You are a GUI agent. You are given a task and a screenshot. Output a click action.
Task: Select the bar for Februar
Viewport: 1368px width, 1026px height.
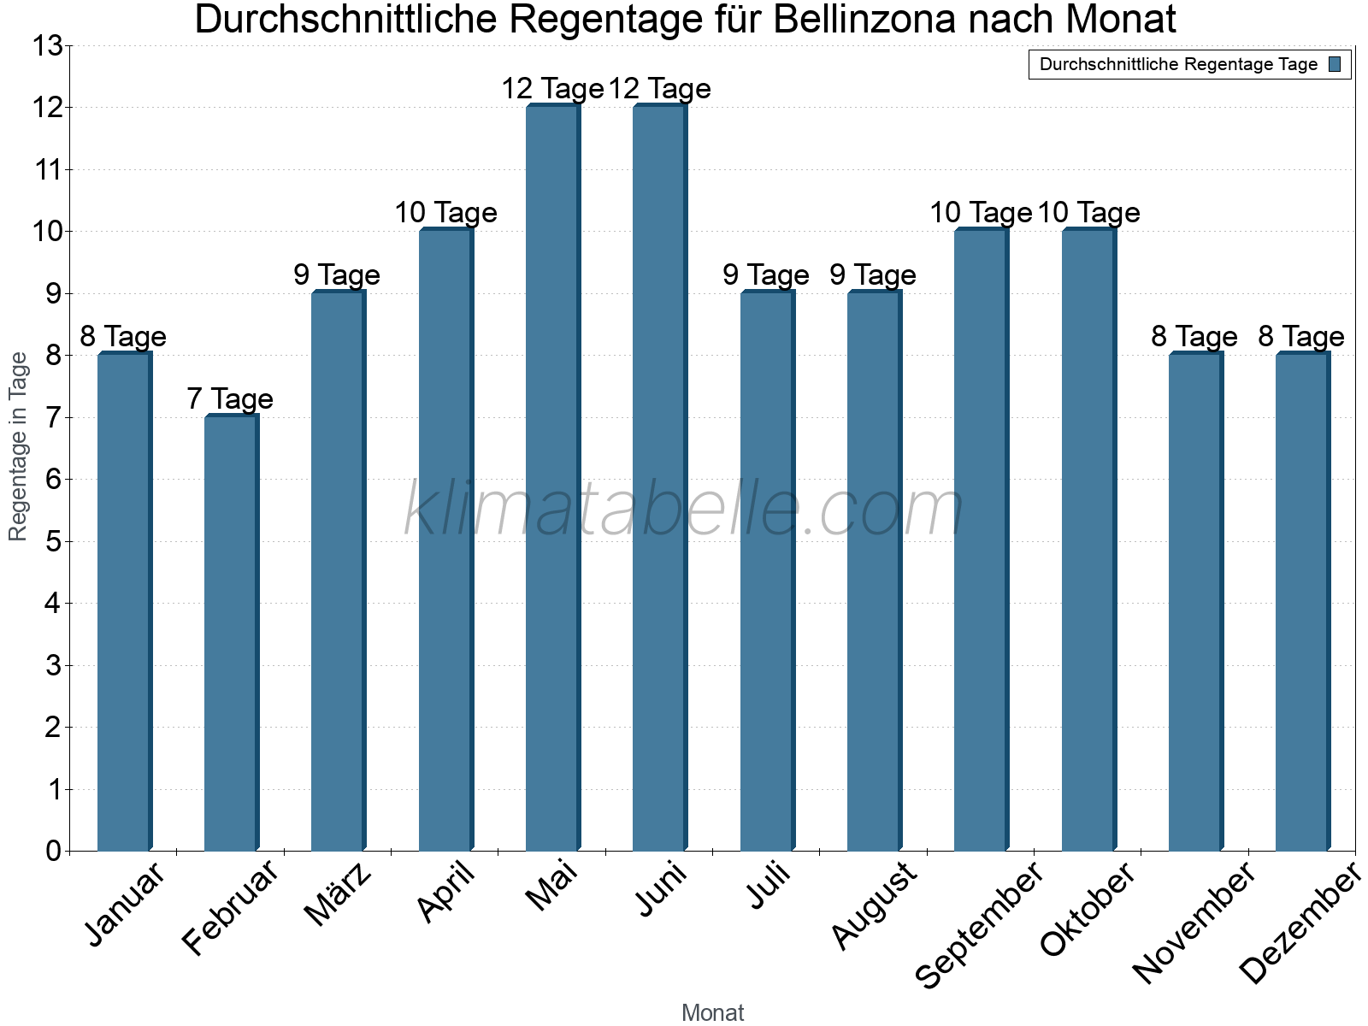[231, 633]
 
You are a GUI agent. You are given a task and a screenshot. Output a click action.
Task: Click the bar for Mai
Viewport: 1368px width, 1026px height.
[552, 479]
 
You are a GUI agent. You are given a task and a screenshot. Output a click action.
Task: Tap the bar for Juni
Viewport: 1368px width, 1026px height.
[659, 479]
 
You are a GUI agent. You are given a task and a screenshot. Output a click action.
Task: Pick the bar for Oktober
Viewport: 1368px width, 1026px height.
[1088, 539]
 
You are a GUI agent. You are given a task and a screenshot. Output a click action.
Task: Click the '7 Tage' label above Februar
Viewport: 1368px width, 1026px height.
[230, 398]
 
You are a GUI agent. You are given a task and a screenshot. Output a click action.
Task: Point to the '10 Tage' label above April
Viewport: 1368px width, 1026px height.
[445, 212]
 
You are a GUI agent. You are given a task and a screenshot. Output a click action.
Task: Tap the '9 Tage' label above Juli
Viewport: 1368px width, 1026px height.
[766, 274]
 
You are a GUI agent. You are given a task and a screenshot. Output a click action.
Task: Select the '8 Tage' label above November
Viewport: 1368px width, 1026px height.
[1194, 336]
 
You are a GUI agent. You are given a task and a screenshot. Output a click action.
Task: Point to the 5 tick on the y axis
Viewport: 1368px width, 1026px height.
[54, 541]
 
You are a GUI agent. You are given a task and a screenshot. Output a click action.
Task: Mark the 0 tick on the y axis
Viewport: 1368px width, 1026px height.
[54, 851]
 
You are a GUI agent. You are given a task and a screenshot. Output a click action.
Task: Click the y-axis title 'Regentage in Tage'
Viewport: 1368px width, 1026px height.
[19, 446]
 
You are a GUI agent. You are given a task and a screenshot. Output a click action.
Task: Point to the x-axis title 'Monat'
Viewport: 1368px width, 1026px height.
[712, 1013]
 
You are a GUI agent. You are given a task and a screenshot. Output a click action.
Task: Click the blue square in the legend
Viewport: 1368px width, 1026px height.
[1336, 64]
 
